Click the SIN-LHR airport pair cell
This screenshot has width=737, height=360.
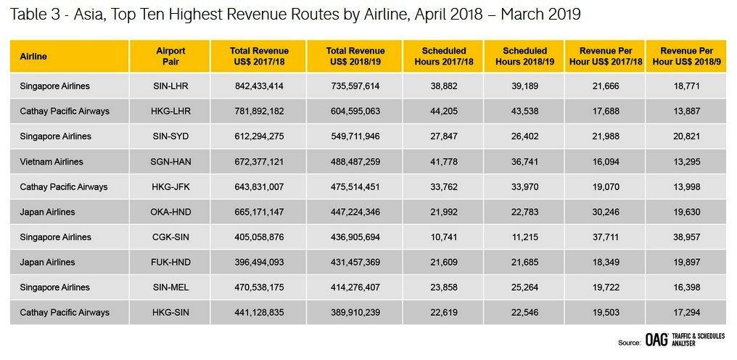click(170, 86)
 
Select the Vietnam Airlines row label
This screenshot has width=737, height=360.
click(52, 161)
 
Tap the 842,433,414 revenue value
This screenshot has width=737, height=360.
click(259, 86)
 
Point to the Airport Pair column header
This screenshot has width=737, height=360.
click(170, 56)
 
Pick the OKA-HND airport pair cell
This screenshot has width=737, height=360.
click(170, 212)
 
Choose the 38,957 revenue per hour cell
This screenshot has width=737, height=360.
click(686, 237)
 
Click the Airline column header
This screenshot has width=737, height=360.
click(33, 57)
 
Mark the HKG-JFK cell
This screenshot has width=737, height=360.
click(170, 187)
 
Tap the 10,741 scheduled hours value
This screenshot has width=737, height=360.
click(443, 237)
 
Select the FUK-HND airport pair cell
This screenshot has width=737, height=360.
click(170, 262)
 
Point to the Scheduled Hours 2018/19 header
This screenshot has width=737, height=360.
click(524, 56)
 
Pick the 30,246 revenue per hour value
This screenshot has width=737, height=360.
click(606, 212)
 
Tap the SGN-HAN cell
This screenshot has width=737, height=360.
click(170, 161)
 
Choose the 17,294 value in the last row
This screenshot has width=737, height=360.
click(686, 312)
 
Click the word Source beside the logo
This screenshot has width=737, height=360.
click(629, 343)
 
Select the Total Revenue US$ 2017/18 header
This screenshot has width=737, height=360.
click(259, 56)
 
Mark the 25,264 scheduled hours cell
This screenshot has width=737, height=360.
click(524, 287)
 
